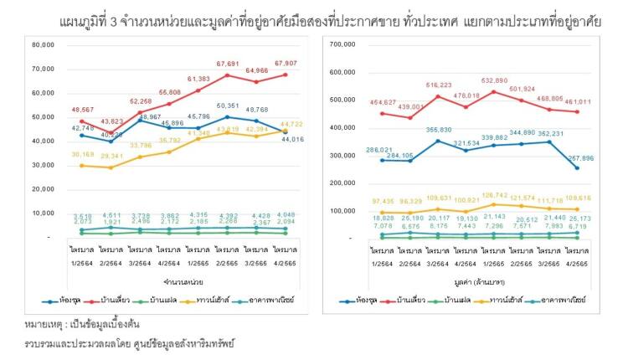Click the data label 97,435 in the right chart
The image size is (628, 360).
(x=383, y=202)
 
